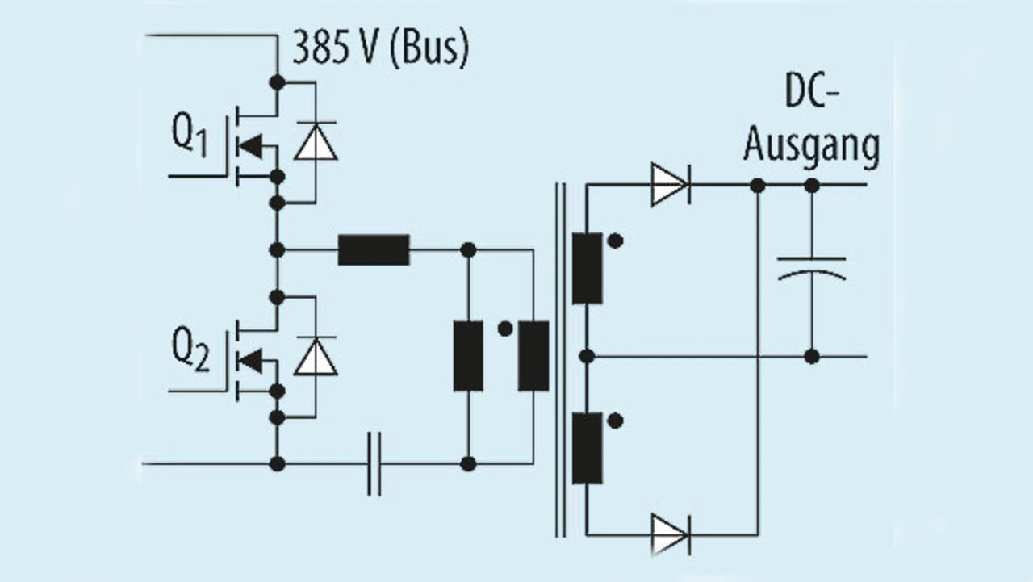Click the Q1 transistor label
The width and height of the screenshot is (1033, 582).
(x=190, y=135)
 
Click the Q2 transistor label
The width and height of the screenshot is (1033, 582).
(x=190, y=349)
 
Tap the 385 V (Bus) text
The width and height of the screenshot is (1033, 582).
(x=381, y=48)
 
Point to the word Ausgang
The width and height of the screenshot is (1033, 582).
(x=812, y=147)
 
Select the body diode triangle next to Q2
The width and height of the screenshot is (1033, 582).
(x=316, y=356)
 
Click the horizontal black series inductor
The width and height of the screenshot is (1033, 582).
(x=374, y=250)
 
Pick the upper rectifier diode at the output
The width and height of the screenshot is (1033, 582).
(x=671, y=185)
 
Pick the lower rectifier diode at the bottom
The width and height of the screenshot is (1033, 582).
(x=671, y=535)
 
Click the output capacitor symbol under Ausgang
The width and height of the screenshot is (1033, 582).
(x=812, y=269)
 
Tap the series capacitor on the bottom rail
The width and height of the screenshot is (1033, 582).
(x=374, y=464)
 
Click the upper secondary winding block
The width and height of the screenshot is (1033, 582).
(x=587, y=269)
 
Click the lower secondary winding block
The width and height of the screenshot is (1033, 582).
(x=587, y=448)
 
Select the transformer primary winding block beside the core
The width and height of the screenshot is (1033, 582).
(x=533, y=356)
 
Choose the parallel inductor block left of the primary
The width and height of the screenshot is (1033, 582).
(x=468, y=356)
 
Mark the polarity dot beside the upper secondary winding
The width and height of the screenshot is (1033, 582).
(x=615, y=241)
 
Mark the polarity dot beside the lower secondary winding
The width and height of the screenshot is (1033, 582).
(x=615, y=421)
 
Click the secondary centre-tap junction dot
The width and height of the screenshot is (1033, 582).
(x=587, y=356)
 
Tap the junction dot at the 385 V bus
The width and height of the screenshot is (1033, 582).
(x=277, y=82)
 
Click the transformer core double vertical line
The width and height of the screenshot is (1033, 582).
(x=560, y=360)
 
